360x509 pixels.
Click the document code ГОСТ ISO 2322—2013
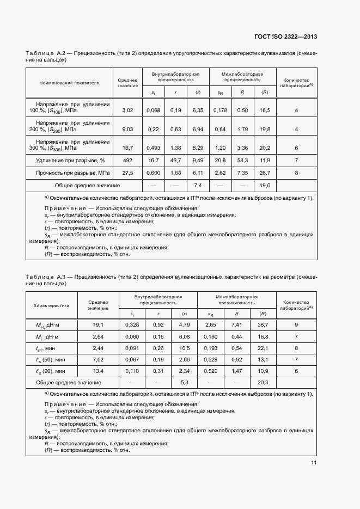point(285,36)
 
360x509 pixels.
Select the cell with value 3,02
point(127,111)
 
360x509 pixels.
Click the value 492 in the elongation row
point(127,160)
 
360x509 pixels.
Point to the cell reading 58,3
point(242,160)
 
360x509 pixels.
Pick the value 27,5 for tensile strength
point(127,173)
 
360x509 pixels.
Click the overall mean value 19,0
point(265,186)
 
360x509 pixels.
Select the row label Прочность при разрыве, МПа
point(73,173)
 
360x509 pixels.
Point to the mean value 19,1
point(99,325)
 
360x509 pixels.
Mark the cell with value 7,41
point(237,325)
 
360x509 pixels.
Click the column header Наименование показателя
point(69,83)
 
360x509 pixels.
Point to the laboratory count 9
point(296,325)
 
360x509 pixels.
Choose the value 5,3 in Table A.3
point(184,382)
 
